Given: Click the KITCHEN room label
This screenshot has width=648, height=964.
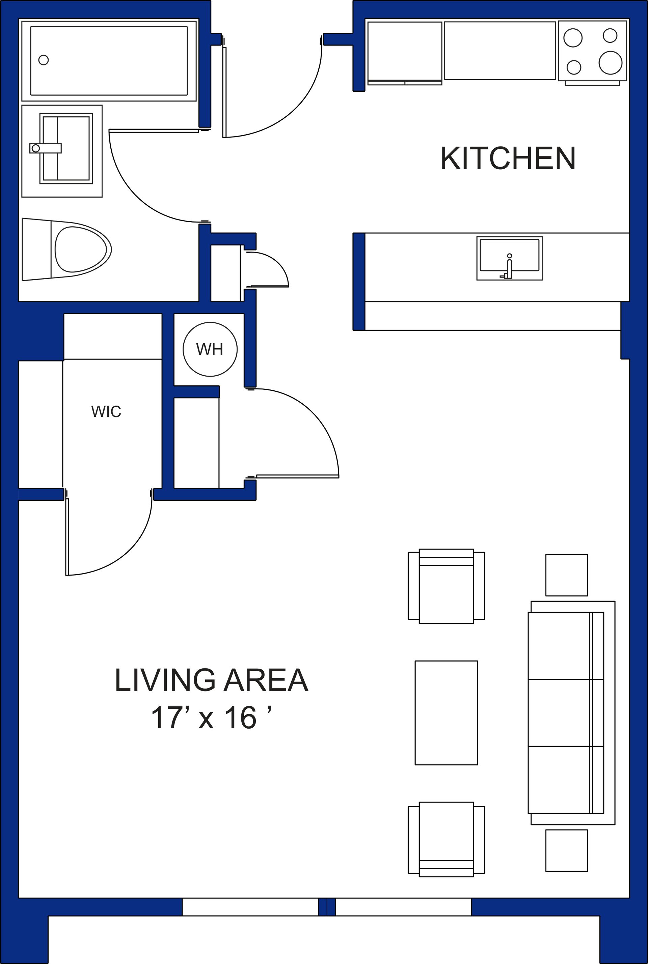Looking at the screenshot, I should (508, 158).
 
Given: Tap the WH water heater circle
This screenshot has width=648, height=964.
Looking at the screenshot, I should (210, 349).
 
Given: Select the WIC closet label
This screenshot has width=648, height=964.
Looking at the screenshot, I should (106, 412).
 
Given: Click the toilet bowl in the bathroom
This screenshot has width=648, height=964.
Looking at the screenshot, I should (81, 250).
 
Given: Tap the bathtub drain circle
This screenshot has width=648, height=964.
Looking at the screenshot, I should (44, 60).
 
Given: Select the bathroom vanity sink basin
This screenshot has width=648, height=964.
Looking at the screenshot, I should (66, 148).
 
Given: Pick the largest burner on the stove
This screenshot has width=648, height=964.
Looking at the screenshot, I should (610, 62).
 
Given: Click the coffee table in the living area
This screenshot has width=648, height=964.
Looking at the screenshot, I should (446, 712).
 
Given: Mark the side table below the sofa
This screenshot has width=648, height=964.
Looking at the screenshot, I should (566, 850).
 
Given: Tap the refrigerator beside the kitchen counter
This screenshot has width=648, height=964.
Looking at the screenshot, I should (405, 52).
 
